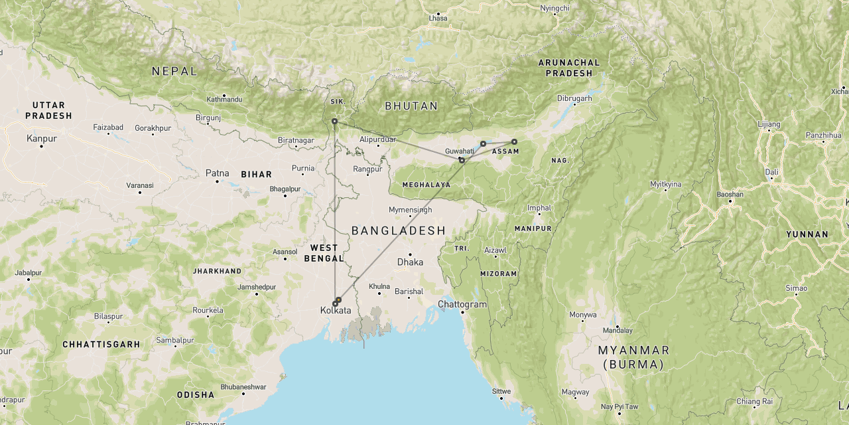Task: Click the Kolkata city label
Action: click(x=336, y=311)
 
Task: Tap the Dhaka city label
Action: click(x=410, y=262)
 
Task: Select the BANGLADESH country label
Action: click(x=398, y=230)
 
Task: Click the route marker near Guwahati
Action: click(x=462, y=160)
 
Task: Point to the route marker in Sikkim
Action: click(x=334, y=122)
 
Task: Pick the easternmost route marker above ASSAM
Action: click(x=514, y=141)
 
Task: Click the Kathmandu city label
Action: click(x=224, y=100)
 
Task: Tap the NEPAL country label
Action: click(x=174, y=71)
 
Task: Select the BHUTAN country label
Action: click(x=411, y=106)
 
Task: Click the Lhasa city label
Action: click(x=438, y=17)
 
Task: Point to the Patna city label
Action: click(x=217, y=173)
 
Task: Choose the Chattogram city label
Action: click(x=462, y=305)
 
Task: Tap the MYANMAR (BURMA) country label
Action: click(x=633, y=357)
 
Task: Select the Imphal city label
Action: click(x=539, y=208)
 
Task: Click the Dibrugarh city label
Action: click(x=574, y=98)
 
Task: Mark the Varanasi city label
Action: click(x=139, y=186)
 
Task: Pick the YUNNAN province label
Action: click(x=807, y=234)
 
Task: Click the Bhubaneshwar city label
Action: click(x=243, y=387)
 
